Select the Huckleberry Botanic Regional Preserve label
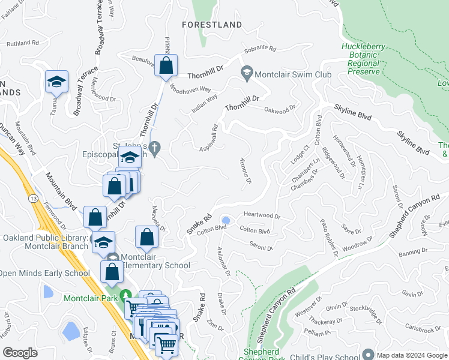[361, 59]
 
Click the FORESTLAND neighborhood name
[213, 25]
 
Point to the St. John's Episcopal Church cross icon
[155, 148]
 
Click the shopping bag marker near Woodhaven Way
[166, 66]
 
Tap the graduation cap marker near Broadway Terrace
[56, 82]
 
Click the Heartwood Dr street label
[262, 215]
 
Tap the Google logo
[20, 353]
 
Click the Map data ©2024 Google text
[412, 355]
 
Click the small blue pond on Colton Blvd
[226, 220]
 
